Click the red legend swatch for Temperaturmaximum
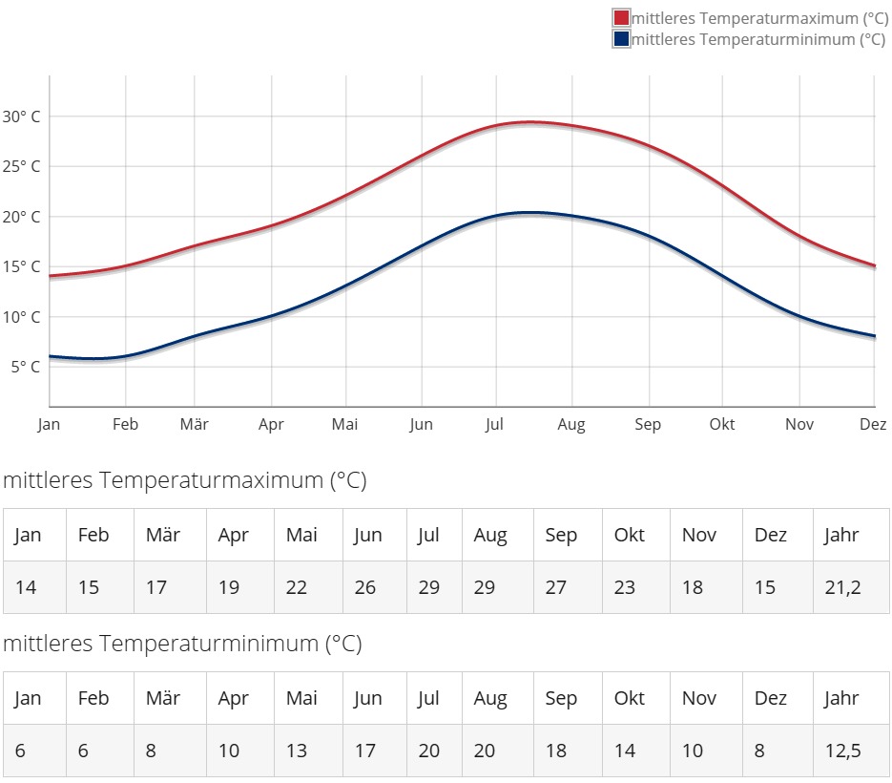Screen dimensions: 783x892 click(x=621, y=18)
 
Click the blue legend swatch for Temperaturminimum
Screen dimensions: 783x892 click(x=621, y=39)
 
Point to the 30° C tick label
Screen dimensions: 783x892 click(x=21, y=116)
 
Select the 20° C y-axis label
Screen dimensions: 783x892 click(x=21, y=217)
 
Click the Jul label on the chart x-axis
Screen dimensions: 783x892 click(x=493, y=425)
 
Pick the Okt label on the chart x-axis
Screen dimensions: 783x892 click(x=722, y=425)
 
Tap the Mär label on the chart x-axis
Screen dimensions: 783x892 click(x=195, y=425)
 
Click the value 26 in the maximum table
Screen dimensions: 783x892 click(x=365, y=587)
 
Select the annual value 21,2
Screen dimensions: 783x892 click(x=842, y=587)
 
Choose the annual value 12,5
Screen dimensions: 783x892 click(x=842, y=751)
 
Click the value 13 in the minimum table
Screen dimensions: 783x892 click(x=297, y=751)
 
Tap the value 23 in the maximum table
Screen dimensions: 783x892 click(x=625, y=587)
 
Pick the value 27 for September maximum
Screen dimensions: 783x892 click(x=556, y=587)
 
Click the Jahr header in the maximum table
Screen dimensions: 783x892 click(x=841, y=535)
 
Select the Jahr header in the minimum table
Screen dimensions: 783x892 click(x=841, y=698)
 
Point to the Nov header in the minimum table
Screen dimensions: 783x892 click(x=699, y=698)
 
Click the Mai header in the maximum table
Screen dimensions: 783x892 click(x=301, y=535)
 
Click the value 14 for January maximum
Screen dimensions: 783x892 click(x=26, y=587)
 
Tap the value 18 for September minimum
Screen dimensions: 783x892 click(x=556, y=751)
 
